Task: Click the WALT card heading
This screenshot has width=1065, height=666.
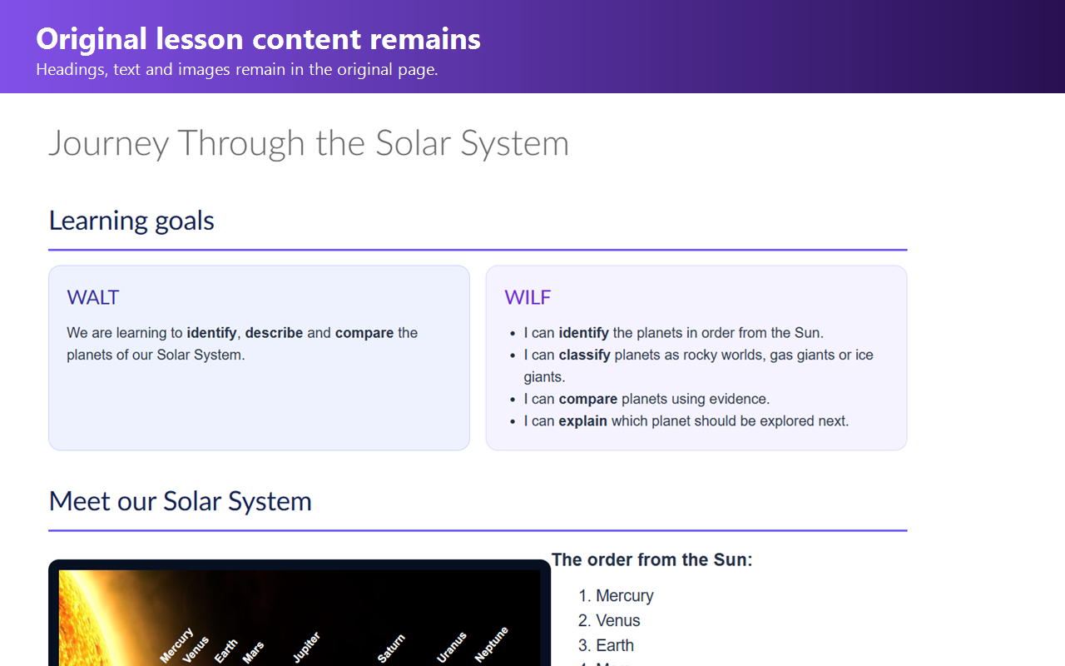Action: pyautogui.click(x=92, y=297)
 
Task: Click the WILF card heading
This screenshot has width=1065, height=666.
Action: pyautogui.click(x=528, y=297)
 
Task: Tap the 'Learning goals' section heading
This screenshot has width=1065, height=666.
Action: pyautogui.click(x=131, y=221)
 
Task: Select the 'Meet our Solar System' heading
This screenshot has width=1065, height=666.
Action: pyautogui.click(x=181, y=501)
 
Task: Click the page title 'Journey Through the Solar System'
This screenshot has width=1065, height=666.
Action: pyautogui.click(x=309, y=143)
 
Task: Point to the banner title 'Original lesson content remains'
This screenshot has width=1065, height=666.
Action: pyautogui.click(x=258, y=38)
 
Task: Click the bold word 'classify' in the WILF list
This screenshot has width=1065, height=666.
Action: pyautogui.click(x=584, y=355)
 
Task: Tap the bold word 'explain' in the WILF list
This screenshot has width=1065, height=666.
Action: pyautogui.click(x=582, y=421)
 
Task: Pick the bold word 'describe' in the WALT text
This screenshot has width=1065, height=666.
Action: pyautogui.click(x=274, y=332)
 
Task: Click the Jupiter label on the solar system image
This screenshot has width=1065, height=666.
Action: pyautogui.click(x=306, y=648)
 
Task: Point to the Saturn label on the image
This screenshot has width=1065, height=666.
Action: pyautogui.click(x=391, y=648)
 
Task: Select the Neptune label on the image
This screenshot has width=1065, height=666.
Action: pyautogui.click(x=491, y=644)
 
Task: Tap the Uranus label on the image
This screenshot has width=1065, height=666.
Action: pyautogui.click(x=451, y=647)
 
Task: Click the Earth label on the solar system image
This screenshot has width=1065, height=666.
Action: pyautogui.click(x=225, y=651)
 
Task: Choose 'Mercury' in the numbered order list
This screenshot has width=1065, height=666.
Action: pyautogui.click(x=625, y=595)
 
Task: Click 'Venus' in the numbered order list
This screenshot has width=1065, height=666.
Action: pyautogui.click(x=617, y=620)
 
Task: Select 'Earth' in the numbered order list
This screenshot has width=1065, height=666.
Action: pyautogui.click(x=615, y=645)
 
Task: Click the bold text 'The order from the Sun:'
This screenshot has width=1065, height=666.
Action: pyautogui.click(x=651, y=560)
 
